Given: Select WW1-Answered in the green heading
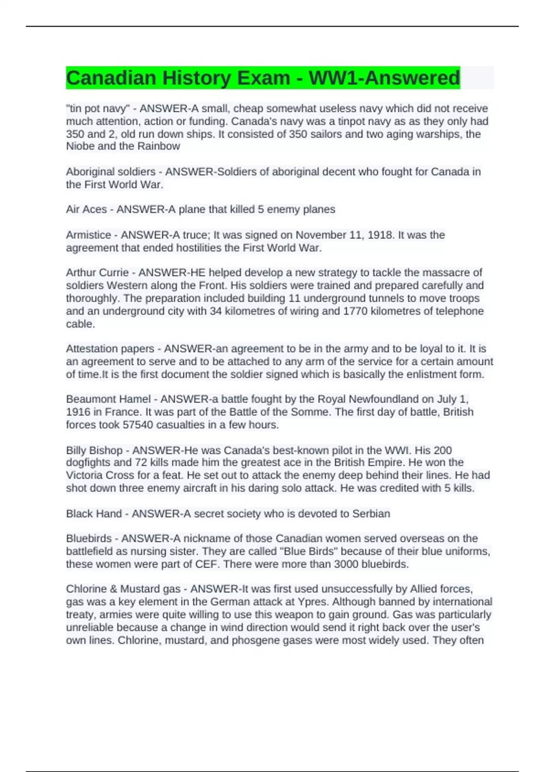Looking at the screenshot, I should [x=384, y=78].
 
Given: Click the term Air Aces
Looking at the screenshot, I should [x=86, y=209].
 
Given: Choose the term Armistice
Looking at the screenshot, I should [x=89, y=235].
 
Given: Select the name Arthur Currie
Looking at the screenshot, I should [x=97, y=272].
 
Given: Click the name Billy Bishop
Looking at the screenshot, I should [x=94, y=450].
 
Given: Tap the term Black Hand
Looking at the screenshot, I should [x=94, y=514].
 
